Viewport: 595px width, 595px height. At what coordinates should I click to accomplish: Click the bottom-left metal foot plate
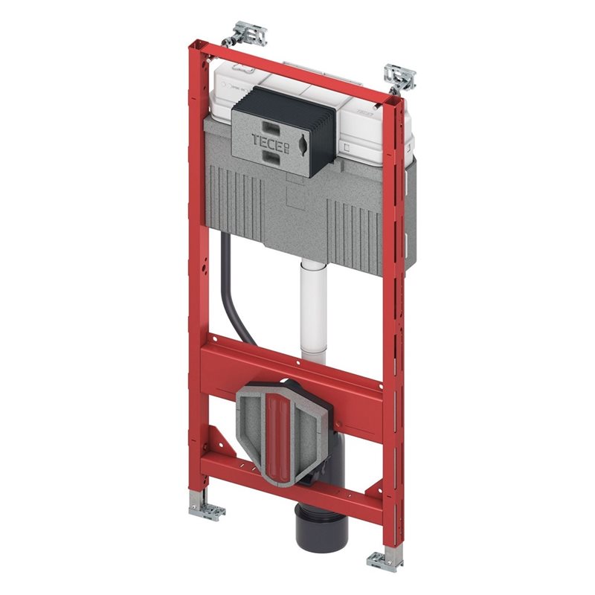[206, 509]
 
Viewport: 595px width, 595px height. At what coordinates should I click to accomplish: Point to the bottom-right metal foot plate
[383, 562]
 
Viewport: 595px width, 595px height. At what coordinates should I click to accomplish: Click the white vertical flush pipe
[313, 310]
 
